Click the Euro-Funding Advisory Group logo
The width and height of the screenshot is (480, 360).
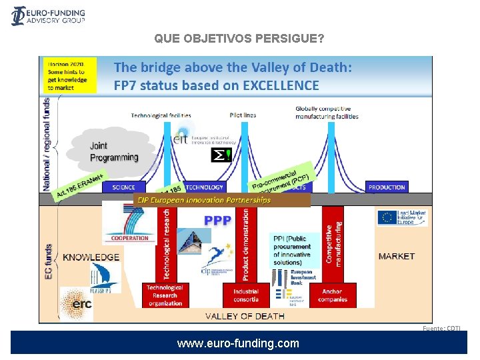pos(48,16)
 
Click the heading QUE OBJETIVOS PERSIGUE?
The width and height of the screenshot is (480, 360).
pos(239,39)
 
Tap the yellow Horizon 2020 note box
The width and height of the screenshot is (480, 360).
pos(70,75)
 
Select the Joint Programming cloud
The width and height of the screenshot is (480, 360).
pos(113,151)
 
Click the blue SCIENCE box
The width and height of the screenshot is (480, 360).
pos(124,187)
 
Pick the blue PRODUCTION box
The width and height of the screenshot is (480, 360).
pos(387,187)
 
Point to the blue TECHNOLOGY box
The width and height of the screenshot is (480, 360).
pos(204,187)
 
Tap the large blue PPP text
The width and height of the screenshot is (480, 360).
pos(218,220)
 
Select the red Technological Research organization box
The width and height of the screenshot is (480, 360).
pos(165,295)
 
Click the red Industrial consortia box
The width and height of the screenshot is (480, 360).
pos(246,295)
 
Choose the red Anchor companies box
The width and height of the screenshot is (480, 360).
pos(332,295)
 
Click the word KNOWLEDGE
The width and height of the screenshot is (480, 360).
pos(91,257)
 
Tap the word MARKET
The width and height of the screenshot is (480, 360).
pos(396,256)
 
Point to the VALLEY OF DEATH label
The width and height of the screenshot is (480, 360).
pos(245,316)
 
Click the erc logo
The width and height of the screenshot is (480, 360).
pos(77,304)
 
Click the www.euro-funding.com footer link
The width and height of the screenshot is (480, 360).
pos(238,344)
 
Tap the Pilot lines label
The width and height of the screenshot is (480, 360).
pos(243,115)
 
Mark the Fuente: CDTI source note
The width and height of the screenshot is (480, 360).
pos(441,328)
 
